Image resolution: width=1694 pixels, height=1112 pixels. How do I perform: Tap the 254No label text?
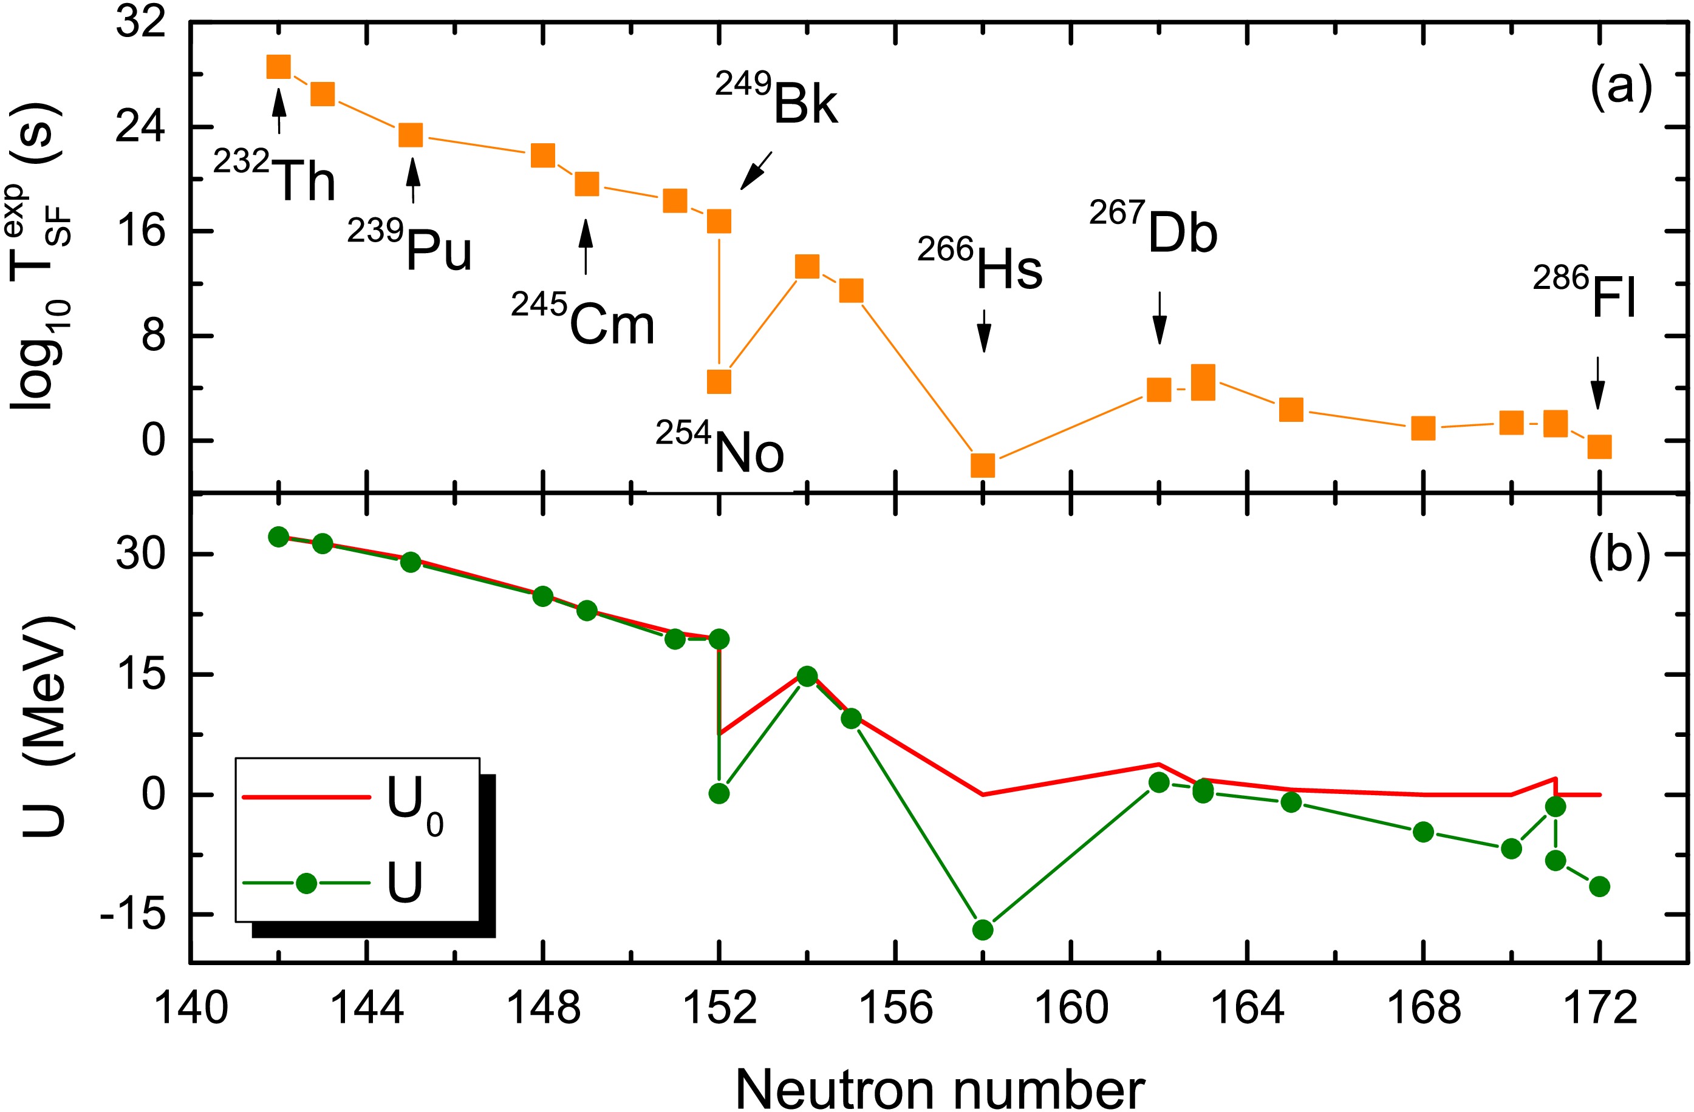[x=720, y=448]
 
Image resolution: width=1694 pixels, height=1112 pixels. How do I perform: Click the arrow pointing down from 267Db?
[x=1160, y=317]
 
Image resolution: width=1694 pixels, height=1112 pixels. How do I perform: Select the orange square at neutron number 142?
[x=278, y=66]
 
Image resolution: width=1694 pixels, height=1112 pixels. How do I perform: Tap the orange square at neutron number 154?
[x=807, y=266]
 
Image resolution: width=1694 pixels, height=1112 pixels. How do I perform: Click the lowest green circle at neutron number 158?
[x=983, y=930]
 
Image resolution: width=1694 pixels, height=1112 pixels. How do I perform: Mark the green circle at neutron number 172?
[x=1599, y=886]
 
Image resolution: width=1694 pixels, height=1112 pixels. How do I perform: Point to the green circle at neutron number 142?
[x=278, y=537]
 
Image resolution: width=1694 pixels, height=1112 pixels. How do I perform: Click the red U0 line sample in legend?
[x=306, y=798]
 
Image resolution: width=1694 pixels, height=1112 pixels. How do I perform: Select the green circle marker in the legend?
[x=306, y=884]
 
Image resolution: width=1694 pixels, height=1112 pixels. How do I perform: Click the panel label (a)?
[x=1619, y=90]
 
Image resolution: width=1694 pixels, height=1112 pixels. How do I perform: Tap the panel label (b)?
[x=1619, y=554]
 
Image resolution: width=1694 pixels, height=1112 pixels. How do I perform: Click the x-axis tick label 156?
[x=895, y=1009]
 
